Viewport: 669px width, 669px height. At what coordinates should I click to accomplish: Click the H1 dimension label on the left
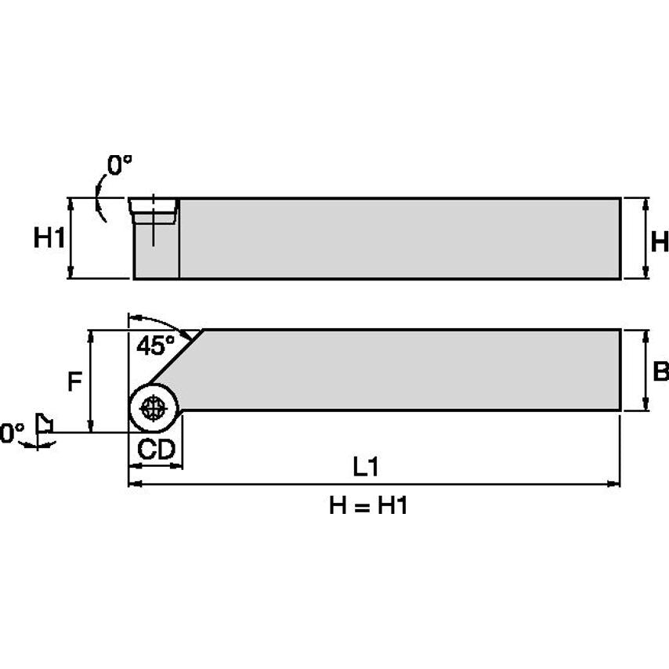[48, 238]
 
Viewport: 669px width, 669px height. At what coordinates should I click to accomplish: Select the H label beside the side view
[660, 240]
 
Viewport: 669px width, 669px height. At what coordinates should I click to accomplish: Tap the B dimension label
[660, 371]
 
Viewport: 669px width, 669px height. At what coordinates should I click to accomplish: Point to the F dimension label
[74, 382]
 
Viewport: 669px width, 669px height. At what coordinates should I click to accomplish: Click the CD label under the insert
[155, 450]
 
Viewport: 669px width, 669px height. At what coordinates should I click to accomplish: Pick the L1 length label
[366, 468]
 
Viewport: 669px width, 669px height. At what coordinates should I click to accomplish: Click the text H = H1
[368, 506]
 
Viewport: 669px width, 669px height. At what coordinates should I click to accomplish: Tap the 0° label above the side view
[120, 165]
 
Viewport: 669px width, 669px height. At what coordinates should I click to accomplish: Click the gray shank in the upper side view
[400, 238]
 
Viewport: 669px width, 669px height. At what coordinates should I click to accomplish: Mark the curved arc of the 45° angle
[163, 322]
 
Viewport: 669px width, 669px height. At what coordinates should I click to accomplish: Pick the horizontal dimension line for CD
[155, 466]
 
